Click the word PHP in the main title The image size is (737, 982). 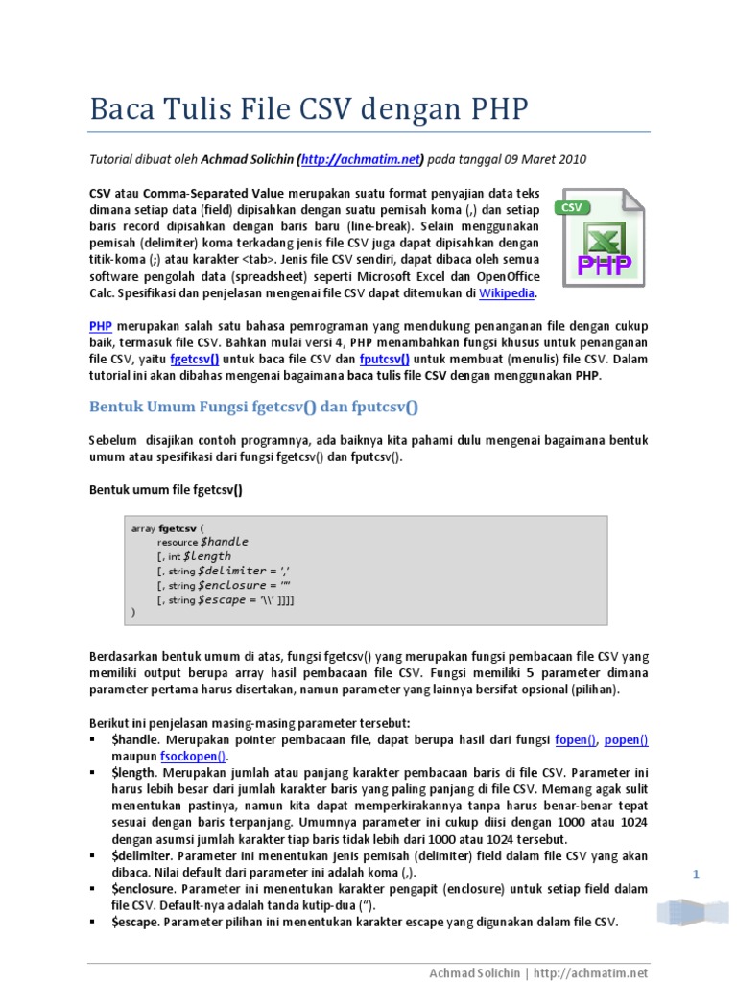point(498,108)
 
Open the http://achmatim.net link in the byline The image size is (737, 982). point(361,159)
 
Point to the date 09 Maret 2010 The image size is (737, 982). point(537,159)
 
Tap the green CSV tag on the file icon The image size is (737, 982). point(572,207)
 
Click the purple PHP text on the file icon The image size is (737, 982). point(603,264)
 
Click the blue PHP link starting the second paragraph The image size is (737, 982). point(101,326)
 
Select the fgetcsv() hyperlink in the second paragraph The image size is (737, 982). point(195,359)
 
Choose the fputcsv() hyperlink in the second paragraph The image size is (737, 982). point(385,359)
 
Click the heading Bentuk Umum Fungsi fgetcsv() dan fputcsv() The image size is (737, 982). point(254,407)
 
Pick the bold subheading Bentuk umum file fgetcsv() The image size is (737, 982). point(166,490)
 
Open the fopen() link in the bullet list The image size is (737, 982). point(576,739)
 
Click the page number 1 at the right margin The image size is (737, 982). point(696,875)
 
